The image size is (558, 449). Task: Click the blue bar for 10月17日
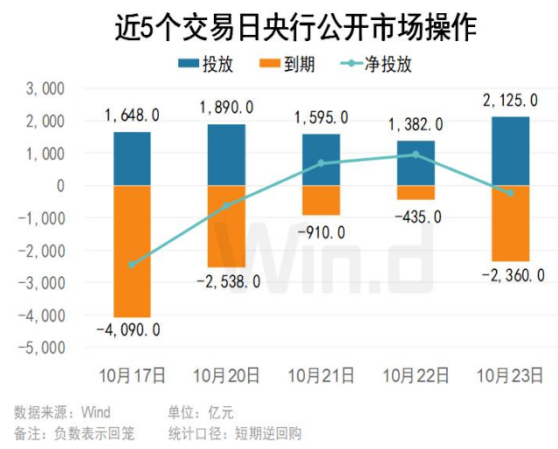132,159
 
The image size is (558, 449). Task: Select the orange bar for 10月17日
132,251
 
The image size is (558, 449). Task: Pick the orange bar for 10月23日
511,223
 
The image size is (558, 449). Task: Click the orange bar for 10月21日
321,200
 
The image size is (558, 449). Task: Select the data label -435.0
418,216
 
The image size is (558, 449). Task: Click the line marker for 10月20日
227,206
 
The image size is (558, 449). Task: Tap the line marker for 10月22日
416,155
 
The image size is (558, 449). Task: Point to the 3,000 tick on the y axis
49,89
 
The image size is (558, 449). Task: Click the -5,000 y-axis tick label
45,347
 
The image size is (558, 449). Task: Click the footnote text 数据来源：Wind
62,411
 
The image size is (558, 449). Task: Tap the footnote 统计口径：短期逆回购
234,432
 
